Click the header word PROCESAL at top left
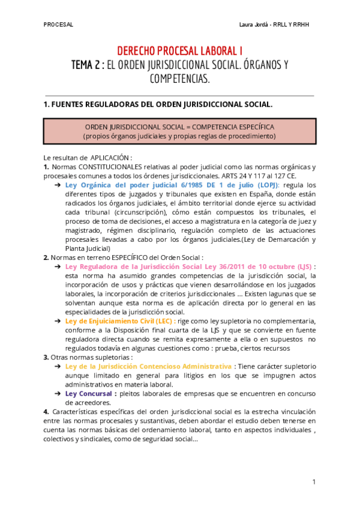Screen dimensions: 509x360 coord(58,25)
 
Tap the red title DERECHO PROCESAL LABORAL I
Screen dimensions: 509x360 coord(179,52)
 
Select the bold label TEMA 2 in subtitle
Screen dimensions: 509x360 coord(85,65)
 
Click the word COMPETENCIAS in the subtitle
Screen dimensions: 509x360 coord(179,79)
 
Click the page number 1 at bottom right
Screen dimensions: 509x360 coord(314,482)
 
